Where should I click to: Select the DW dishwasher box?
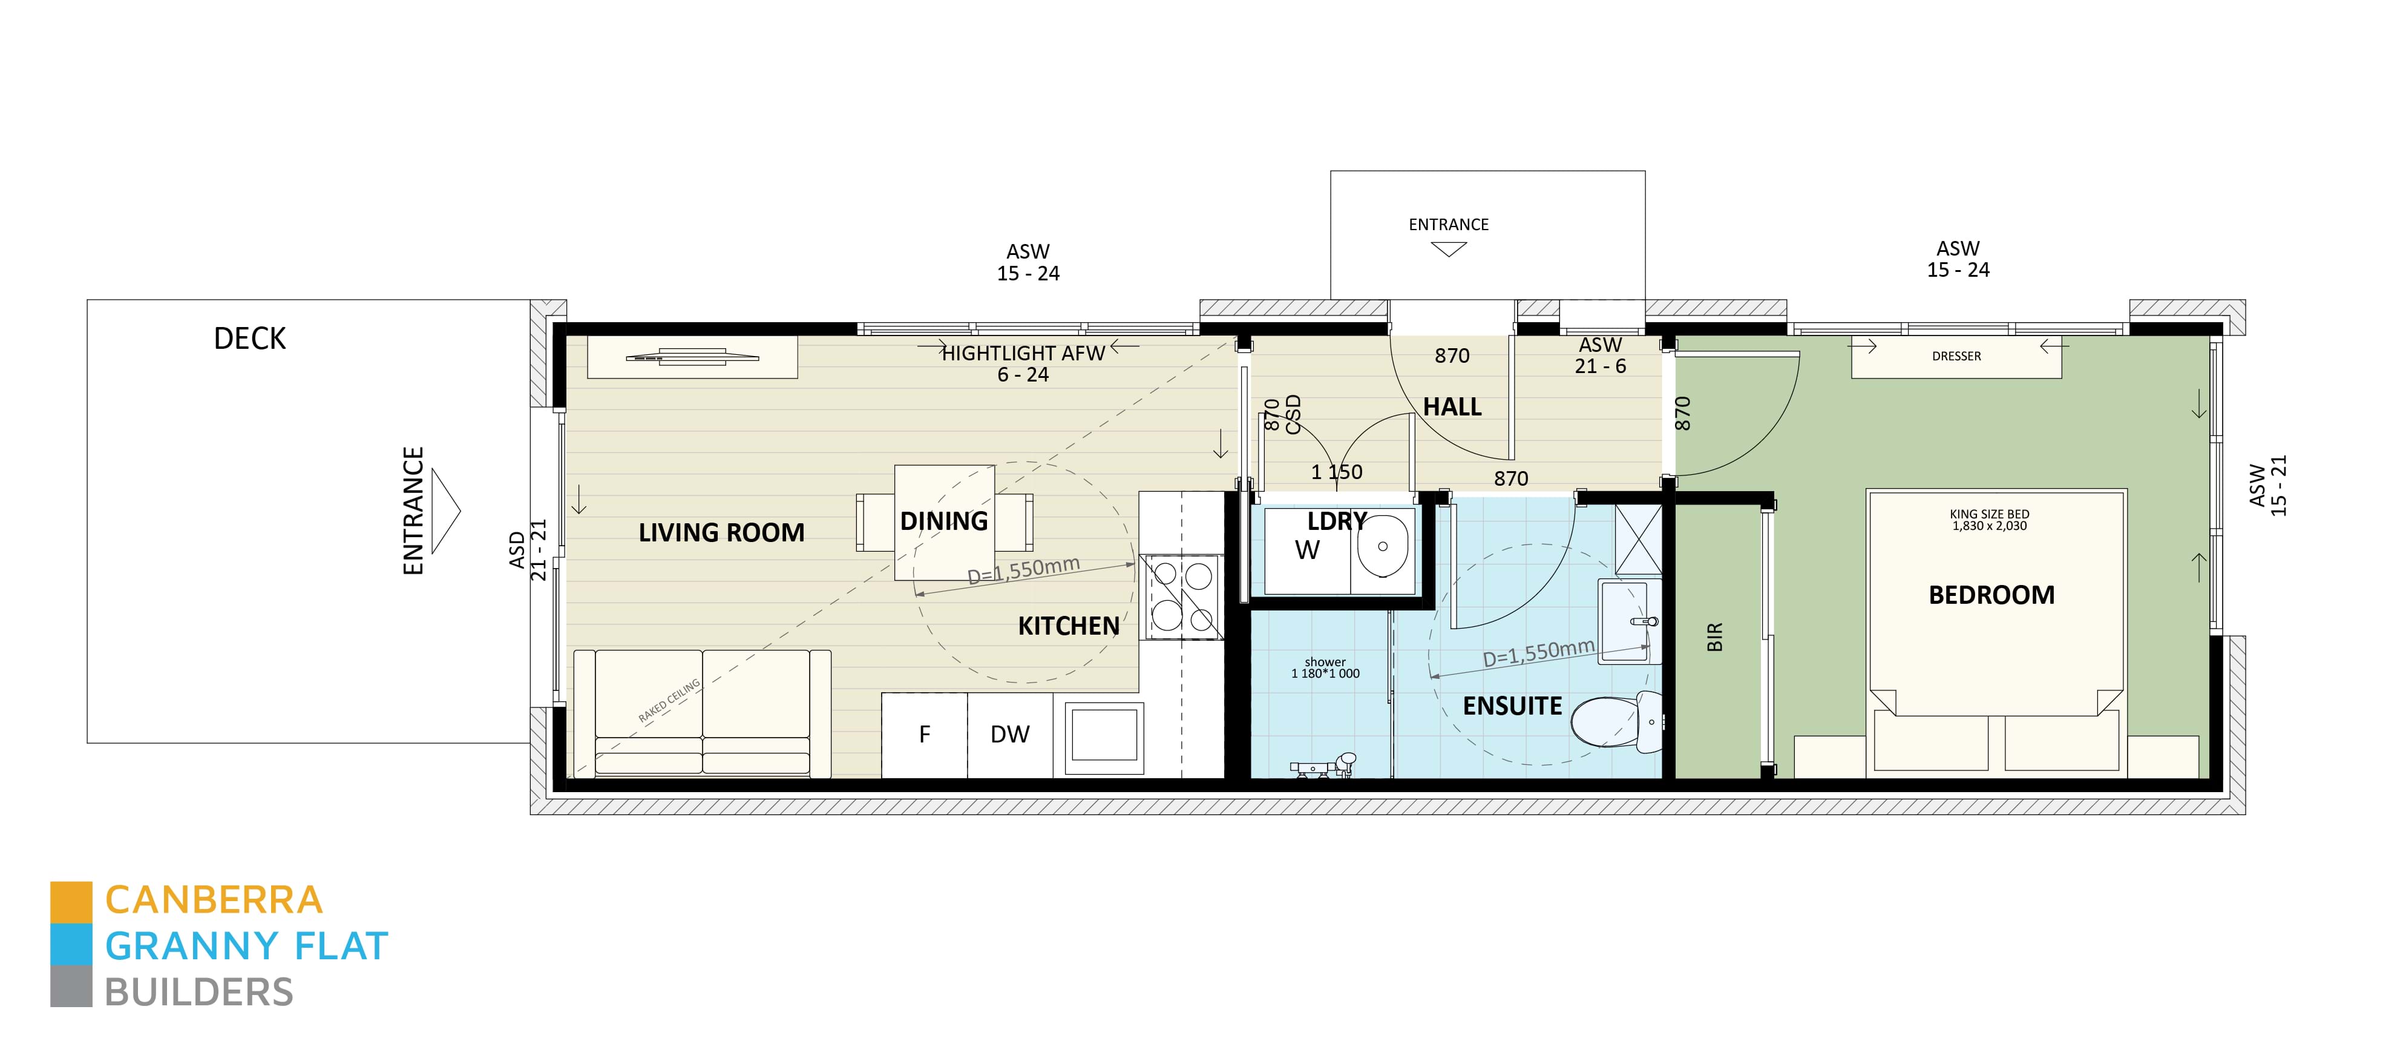pyautogui.click(x=1009, y=735)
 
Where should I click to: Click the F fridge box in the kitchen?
pyautogui.click(x=924, y=735)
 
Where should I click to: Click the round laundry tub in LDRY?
pyautogui.click(x=1382, y=546)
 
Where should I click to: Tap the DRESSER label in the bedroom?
pyautogui.click(x=1956, y=356)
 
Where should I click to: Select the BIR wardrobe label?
pyautogui.click(x=1714, y=637)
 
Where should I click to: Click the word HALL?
pyautogui.click(x=1452, y=408)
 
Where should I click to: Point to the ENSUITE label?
pyautogui.click(x=1512, y=706)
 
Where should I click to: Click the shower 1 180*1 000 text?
pyautogui.click(x=1325, y=669)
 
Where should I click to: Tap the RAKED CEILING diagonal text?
pyautogui.click(x=669, y=701)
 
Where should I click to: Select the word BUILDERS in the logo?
pyautogui.click(x=199, y=992)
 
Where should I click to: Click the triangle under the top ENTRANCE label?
pyautogui.click(x=1447, y=249)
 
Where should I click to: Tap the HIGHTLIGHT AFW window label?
pyautogui.click(x=1023, y=354)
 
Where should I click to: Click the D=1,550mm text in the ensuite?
pyautogui.click(x=1538, y=653)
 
